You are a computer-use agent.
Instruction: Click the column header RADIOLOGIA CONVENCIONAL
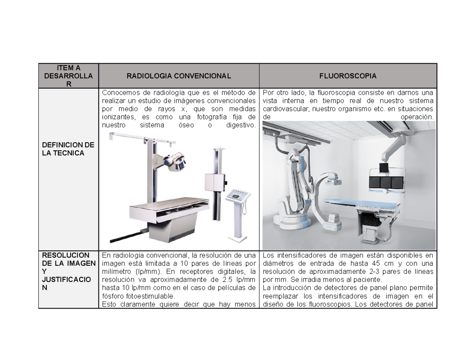pyautogui.click(x=179, y=76)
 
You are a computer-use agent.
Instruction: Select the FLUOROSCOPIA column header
pyautogui.click(x=348, y=76)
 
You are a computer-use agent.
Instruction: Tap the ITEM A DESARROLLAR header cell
pyautogui.click(x=69, y=76)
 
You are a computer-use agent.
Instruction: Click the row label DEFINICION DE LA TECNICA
pyautogui.click(x=69, y=149)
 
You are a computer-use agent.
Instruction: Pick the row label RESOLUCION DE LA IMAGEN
pyautogui.click(x=69, y=259)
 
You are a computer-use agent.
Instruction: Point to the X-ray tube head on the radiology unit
pyautogui.click(x=175, y=161)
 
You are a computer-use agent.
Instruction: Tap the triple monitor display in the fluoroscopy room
pyautogui.click(x=386, y=183)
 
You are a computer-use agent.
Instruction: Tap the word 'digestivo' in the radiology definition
pyautogui.click(x=241, y=125)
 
